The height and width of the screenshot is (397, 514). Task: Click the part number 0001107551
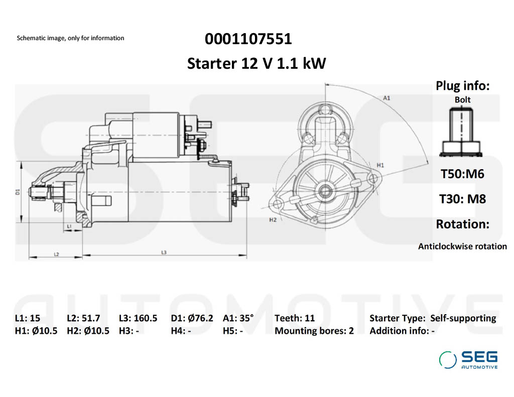(248, 39)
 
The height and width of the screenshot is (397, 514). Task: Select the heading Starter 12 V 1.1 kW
(256, 64)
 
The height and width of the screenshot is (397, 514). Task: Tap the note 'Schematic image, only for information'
(70, 38)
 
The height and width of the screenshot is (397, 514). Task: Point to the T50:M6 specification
(462, 174)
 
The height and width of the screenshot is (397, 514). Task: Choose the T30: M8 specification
(462, 199)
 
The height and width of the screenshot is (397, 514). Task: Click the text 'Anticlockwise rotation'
(462, 246)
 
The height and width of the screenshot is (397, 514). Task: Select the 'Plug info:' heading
(462, 86)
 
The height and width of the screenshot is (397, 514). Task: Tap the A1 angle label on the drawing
(387, 98)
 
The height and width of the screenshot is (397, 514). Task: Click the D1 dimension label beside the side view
(17, 192)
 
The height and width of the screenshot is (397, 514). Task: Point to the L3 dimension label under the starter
(164, 252)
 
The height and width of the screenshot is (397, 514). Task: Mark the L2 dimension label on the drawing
(56, 254)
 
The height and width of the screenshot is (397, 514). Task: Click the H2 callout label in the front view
(273, 220)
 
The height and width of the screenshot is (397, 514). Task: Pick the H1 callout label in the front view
(380, 165)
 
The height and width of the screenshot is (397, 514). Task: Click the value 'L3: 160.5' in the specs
(138, 318)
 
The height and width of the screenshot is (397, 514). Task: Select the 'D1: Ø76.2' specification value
(192, 318)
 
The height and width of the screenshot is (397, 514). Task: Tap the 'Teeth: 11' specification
(295, 318)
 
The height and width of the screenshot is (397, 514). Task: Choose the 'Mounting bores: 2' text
(314, 331)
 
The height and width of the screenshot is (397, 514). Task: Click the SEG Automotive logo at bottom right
(468, 359)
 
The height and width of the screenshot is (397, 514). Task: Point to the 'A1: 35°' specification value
(238, 318)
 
